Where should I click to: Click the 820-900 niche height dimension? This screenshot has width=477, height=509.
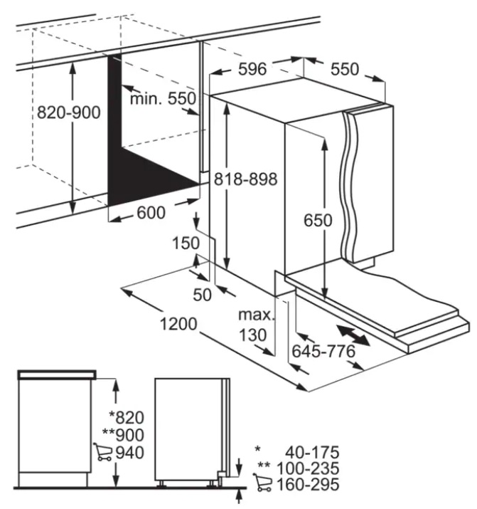[x=69, y=112]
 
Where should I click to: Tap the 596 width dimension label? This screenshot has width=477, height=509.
[x=252, y=69]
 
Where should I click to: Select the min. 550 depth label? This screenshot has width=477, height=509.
[x=163, y=98]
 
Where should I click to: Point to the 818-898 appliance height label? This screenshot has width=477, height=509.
[x=246, y=179]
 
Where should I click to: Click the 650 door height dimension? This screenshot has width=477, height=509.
[x=318, y=221]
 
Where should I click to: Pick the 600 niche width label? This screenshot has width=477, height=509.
[x=151, y=213]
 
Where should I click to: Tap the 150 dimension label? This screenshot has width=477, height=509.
[x=186, y=243]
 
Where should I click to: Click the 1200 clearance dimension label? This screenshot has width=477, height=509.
[x=178, y=324]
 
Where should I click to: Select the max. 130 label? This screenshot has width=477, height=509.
[x=257, y=325]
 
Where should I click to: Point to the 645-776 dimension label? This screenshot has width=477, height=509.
[x=323, y=351]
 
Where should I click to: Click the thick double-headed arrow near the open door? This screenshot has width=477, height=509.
[x=353, y=335]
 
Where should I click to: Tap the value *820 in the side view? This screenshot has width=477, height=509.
[x=127, y=417]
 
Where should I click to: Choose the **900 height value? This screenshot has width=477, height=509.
[x=123, y=435]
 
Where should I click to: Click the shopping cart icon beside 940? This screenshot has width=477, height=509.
[x=102, y=452]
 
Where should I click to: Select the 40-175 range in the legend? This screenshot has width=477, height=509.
[x=312, y=452]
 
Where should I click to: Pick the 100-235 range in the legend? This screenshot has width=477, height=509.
[x=308, y=468]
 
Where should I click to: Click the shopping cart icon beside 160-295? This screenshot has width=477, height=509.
[x=262, y=482]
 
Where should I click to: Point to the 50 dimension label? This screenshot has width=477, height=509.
[x=202, y=295]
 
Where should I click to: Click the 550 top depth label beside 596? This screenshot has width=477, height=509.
[x=345, y=69]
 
